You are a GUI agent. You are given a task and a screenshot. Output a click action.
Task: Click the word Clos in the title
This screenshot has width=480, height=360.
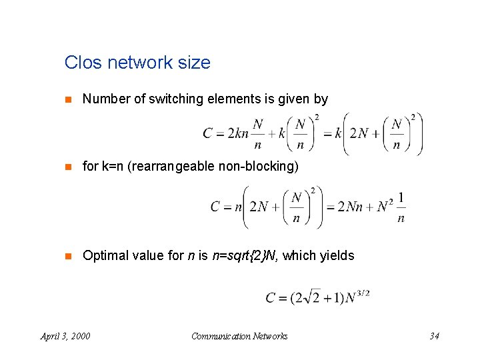(81, 63)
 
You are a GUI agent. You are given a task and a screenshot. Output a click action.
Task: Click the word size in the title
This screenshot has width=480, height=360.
(194, 63)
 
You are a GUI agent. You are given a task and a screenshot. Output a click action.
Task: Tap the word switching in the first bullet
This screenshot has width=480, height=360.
(175, 99)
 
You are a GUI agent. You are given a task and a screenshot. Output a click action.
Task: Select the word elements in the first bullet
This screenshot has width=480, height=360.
(228, 99)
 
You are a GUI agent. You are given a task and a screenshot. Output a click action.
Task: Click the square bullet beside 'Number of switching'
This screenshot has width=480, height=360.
(67, 100)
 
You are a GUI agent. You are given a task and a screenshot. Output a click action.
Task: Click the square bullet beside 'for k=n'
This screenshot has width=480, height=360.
(67, 167)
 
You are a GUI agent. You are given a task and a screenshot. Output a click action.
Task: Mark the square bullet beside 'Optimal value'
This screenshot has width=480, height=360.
(67, 256)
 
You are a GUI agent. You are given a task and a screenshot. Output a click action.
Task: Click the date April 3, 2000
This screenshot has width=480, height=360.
(65, 336)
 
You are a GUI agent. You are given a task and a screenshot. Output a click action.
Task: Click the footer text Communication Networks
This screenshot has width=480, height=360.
(239, 336)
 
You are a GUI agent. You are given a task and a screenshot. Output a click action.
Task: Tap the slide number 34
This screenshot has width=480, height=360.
(434, 336)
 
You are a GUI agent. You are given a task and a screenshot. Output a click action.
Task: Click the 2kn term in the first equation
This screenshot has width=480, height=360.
(238, 133)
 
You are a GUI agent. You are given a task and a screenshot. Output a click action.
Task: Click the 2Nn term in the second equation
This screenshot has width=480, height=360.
(353, 207)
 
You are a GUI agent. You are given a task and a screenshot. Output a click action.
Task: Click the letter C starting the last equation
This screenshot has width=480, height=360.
(271, 298)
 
